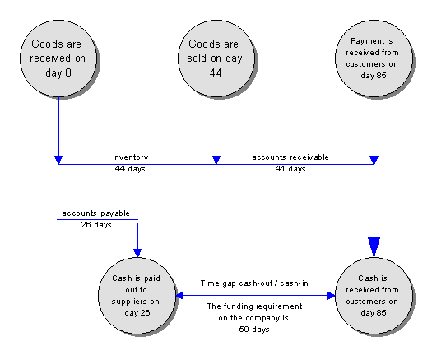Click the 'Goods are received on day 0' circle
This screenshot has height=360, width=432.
(x=58, y=58)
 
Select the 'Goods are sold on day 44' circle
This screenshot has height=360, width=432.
(x=216, y=58)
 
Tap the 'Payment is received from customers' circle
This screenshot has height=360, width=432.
(x=374, y=58)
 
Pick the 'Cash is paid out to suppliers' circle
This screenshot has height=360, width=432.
(x=137, y=296)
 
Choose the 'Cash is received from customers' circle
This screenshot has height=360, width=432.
(x=374, y=296)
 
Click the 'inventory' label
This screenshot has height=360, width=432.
(x=131, y=157)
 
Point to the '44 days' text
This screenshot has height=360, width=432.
(x=130, y=169)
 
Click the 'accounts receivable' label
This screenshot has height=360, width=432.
(x=290, y=157)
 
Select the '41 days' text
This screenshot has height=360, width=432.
(x=290, y=169)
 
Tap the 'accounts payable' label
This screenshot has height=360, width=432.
(x=96, y=213)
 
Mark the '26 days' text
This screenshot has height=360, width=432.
(x=96, y=225)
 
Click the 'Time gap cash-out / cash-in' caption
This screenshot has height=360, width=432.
(x=254, y=283)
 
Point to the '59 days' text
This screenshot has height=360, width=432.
(x=254, y=329)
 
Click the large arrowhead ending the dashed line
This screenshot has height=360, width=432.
(x=374, y=247)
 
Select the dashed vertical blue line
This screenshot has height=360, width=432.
(x=374, y=201)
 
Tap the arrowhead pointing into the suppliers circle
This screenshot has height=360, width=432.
(x=137, y=253)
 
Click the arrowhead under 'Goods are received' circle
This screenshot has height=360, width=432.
(x=58, y=160)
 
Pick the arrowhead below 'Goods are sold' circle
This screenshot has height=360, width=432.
(x=216, y=160)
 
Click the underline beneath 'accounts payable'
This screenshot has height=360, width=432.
(x=97, y=220)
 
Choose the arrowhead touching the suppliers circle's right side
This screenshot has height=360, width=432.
(x=180, y=296)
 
